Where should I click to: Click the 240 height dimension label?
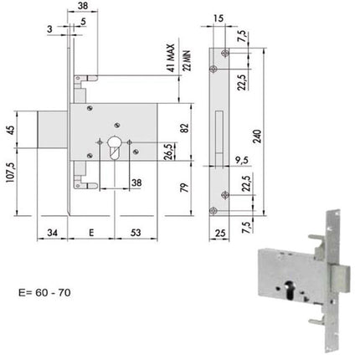[x=257, y=136]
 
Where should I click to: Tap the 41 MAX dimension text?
[x=171, y=58]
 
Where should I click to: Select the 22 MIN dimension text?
[x=187, y=60]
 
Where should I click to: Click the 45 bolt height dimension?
[x=10, y=130]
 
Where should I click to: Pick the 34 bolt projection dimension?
[x=52, y=232]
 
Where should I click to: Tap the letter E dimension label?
[x=91, y=232]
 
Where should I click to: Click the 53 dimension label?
[x=136, y=232]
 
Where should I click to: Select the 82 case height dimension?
[x=185, y=128]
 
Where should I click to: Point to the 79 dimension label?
[x=185, y=188]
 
